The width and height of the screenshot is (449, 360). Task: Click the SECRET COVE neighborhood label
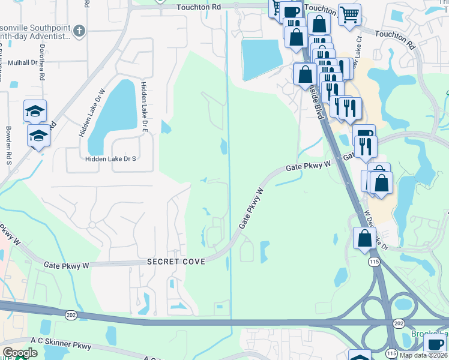click(176, 262)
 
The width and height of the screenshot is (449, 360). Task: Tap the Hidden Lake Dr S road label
click(111, 159)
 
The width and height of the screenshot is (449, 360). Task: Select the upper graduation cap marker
click(35, 110)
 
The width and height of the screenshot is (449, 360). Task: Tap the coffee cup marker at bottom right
click(435, 344)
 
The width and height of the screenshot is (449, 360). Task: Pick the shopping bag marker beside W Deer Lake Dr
click(364, 238)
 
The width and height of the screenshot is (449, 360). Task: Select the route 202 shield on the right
click(399, 323)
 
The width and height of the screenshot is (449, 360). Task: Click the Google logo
click(20, 353)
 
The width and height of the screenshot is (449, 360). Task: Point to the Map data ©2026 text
click(423, 355)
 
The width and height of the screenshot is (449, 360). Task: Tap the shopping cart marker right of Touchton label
click(349, 14)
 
